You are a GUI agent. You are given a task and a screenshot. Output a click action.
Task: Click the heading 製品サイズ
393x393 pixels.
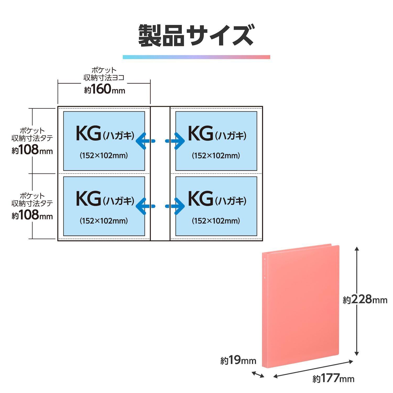(x=196, y=36)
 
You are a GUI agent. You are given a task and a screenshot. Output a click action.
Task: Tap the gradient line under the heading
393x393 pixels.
(x=196, y=57)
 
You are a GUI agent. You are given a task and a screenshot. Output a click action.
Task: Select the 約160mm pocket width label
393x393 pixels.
(x=104, y=90)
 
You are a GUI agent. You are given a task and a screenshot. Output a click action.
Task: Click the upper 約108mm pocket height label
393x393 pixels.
(x=32, y=151)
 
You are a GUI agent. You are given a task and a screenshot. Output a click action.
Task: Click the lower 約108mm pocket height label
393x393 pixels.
(x=32, y=216)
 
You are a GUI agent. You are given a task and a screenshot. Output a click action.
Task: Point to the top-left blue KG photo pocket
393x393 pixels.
(x=104, y=141)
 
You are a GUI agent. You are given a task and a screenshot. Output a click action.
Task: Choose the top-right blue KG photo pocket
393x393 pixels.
(x=216, y=141)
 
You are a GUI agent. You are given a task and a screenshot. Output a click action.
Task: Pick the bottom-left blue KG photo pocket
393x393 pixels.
(x=104, y=206)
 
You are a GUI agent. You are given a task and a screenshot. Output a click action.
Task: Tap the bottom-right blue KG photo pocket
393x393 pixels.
(x=216, y=206)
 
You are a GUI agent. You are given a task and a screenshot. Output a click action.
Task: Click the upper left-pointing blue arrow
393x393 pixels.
(x=145, y=141)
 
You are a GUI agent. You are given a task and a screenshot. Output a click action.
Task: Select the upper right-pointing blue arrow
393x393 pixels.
(x=175, y=141)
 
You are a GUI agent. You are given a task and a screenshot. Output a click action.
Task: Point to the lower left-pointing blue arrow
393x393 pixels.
(x=145, y=206)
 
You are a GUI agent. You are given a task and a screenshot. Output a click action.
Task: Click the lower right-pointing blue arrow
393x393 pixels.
(x=175, y=206)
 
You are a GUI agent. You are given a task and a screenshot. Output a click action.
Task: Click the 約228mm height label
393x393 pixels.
(x=365, y=299)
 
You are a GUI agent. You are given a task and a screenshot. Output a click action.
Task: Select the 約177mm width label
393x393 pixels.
(x=333, y=379)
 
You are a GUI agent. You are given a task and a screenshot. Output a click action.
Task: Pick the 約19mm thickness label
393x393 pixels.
(x=238, y=361)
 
